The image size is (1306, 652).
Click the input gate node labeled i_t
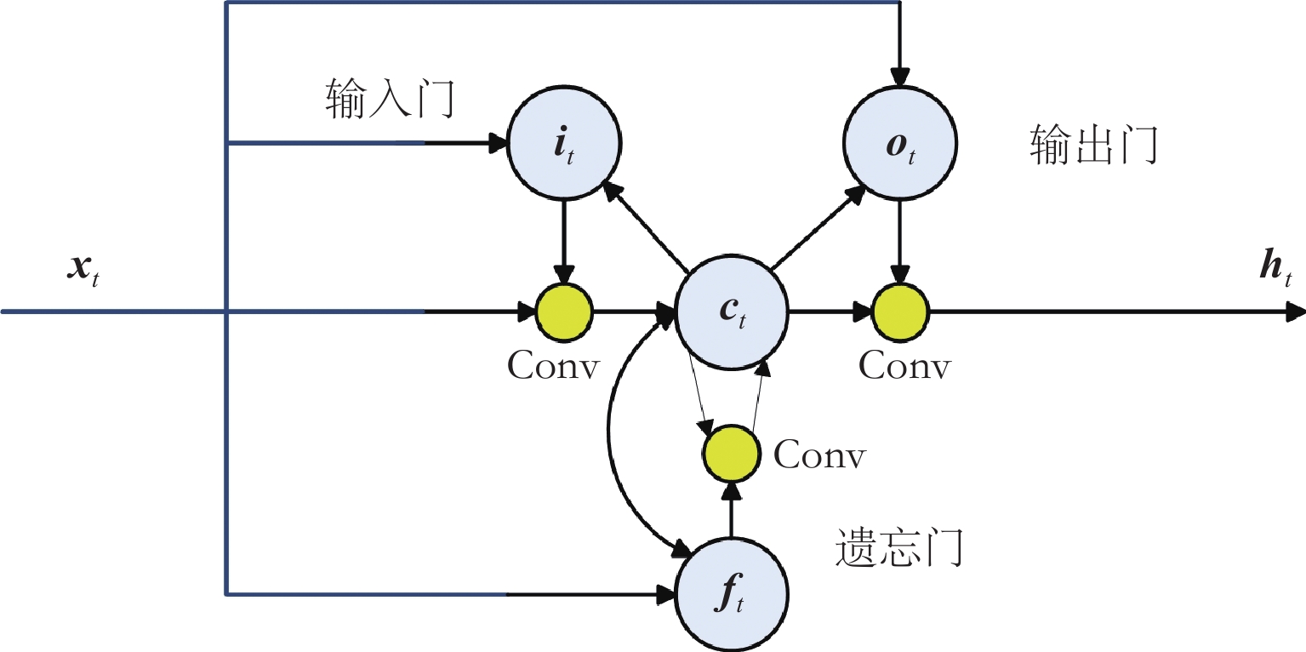point(564,143)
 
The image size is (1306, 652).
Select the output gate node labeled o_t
point(899,143)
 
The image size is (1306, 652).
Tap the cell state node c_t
point(732,312)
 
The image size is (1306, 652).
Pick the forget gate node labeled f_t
point(732,594)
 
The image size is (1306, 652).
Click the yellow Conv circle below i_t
point(564,312)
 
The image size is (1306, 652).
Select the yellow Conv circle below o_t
point(899,312)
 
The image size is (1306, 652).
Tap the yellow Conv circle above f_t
point(732,453)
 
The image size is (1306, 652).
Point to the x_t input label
point(83,270)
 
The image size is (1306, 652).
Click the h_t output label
point(1275,267)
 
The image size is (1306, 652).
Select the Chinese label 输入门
point(390,98)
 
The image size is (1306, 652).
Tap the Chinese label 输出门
point(1094,144)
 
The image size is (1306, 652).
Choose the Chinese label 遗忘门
point(898,547)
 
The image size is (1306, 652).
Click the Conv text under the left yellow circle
point(553,366)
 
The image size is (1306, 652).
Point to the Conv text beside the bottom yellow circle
point(819,455)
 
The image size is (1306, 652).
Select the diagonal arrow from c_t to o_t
point(818,227)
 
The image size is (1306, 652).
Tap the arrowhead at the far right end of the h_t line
point(1296,312)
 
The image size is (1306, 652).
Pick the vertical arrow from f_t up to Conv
point(732,511)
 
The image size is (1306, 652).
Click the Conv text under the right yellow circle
point(905,366)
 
